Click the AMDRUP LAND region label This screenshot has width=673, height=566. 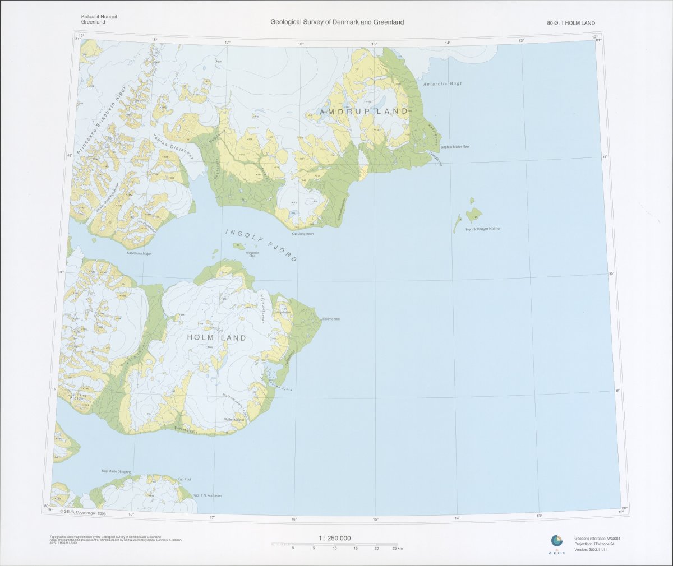click(x=364, y=112)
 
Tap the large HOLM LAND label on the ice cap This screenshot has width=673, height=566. click(x=216, y=338)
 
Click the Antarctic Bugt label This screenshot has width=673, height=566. click(x=442, y=83)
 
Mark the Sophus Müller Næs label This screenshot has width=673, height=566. click(x=455, y=147)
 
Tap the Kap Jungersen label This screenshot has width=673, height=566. click(x=302, y=234)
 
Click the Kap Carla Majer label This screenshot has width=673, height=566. click(x=139, y=253)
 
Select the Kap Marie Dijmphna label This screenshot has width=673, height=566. click(x=116, y=472)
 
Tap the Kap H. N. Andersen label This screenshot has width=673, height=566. click(x=207, y=495)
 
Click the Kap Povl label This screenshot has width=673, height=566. click(x=184, y=480)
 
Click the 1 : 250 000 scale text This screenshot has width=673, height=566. click(x=335, y=538)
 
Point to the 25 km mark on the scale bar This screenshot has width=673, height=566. click(x=397, y=548)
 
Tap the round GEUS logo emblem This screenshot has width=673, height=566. click(x=556, y=541)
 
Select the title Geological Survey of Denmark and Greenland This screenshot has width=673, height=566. click(x=337, y=22)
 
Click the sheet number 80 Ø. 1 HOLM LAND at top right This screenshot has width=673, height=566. click(x=571, y=23)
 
